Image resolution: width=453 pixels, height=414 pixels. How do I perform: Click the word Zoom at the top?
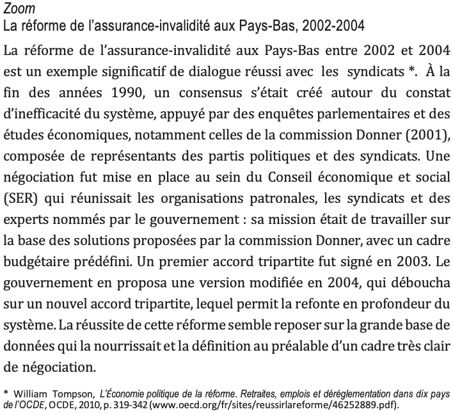(x=19, y=8)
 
